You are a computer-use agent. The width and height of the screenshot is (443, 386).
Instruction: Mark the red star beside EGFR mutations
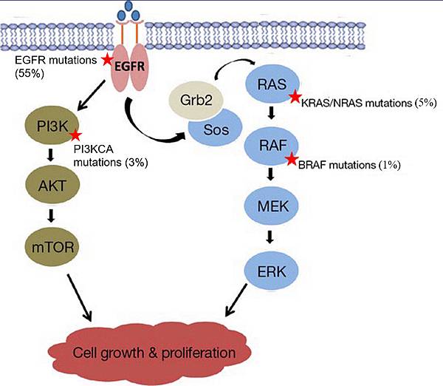[108, 59]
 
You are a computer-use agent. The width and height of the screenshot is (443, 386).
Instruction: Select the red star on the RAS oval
[295, 96]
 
